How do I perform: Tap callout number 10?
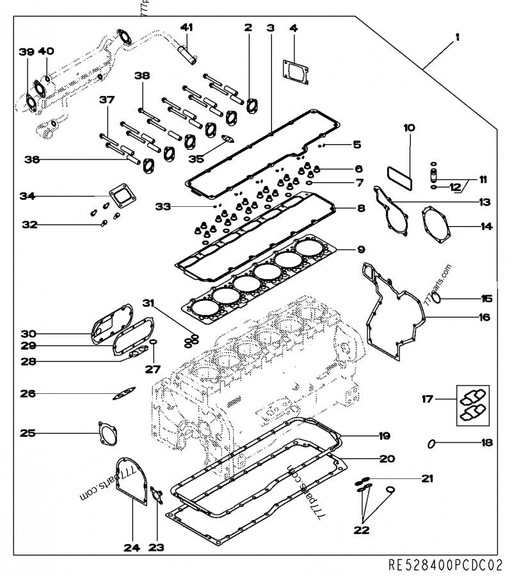coord(408,127)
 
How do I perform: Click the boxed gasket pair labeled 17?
coord(472,405)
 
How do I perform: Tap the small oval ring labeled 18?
coord(433,443)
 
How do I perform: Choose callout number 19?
coord(384,436)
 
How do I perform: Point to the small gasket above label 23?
coord(155,494)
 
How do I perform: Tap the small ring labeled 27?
coord(154,348)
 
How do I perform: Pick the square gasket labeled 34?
coord(116,196)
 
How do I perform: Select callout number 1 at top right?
coord(457,38)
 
